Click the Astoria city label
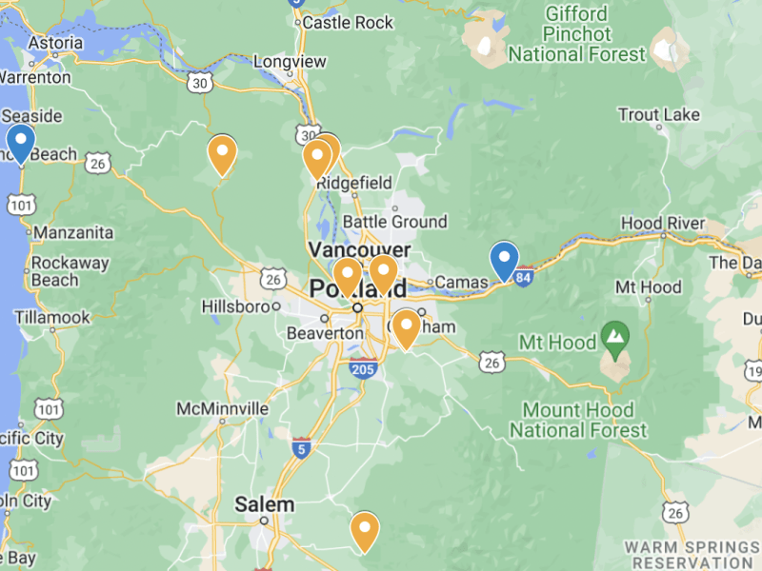pos(55,43)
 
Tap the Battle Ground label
pos(394,222)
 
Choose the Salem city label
pos(265,504)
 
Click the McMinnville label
pos(222,408)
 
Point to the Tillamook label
pos(51,317)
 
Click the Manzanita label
pos(72,232)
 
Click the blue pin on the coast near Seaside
pos(20,144)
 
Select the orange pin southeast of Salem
pos(364,531)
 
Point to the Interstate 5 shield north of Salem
pos(300,448)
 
